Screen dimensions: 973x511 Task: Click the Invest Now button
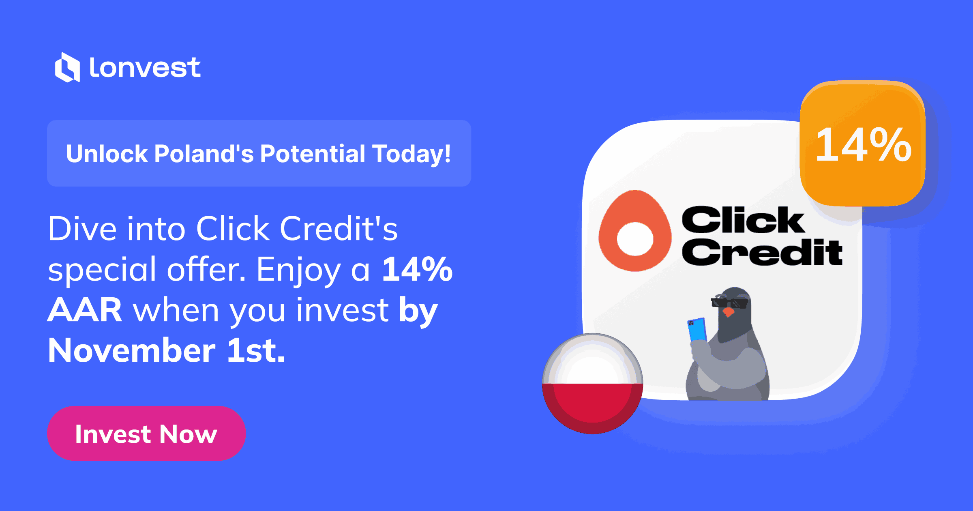pos(146,433)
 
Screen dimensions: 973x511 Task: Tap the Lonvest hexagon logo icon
pos(67,67)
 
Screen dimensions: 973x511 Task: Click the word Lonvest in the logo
pos(145,67)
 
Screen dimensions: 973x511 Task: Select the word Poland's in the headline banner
pos(204,154)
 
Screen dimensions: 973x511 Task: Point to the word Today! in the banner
pos(412,155)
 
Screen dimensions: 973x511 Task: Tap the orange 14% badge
pos(863,143)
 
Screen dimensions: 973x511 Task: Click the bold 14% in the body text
pos(417,269)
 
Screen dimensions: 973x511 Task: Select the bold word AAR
pos(85,309)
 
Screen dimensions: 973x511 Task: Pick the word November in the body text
pos(132,350)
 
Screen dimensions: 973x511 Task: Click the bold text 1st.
pos(256,350)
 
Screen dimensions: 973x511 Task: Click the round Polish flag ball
pos(592,384)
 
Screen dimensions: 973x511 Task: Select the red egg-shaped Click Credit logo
pos(635,231)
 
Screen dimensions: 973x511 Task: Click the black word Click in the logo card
pos(743,220)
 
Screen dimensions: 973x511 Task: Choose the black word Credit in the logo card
pos(762,251)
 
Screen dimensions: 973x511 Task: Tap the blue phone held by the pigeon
pos(697,329)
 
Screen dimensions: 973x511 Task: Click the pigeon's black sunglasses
pos(729,303)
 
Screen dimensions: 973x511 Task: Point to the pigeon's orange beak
pos(729,312)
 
